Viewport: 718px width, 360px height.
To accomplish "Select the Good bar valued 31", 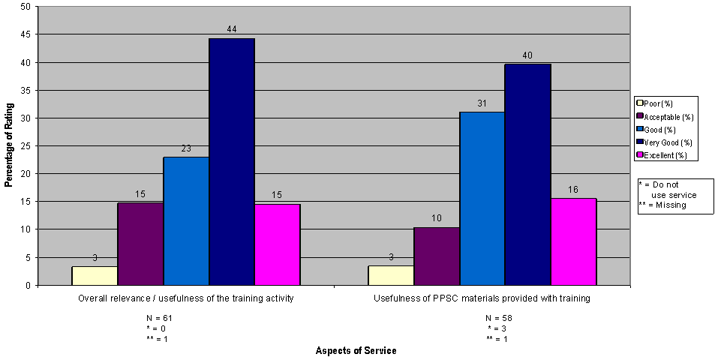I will (x=482, y=198).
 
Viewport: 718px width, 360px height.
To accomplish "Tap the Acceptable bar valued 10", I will (x=437, y=256).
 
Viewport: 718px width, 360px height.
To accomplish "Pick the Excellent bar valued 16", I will (x=573, y=241).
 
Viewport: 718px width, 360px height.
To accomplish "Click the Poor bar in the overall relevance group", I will (x=95, y=275).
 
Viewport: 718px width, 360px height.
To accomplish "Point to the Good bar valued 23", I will (x=186, y=220).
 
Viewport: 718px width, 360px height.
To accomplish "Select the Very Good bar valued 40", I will (x=527, y=174).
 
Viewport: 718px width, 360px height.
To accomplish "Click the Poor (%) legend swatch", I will (x=640, y=103).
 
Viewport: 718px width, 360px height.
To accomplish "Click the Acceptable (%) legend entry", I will (x=665, y=116).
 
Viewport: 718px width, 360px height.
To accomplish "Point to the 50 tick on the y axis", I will (x=26, y=7).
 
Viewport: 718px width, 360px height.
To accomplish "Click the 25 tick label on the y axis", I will (x=26, y=145).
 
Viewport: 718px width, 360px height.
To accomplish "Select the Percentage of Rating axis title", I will (x=8, y=145).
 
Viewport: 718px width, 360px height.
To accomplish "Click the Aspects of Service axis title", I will (x=356, y=351).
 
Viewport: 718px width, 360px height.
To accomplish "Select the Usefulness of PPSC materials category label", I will (x=482, y=298).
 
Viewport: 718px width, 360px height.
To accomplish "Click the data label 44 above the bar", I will (x=232, y=28).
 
